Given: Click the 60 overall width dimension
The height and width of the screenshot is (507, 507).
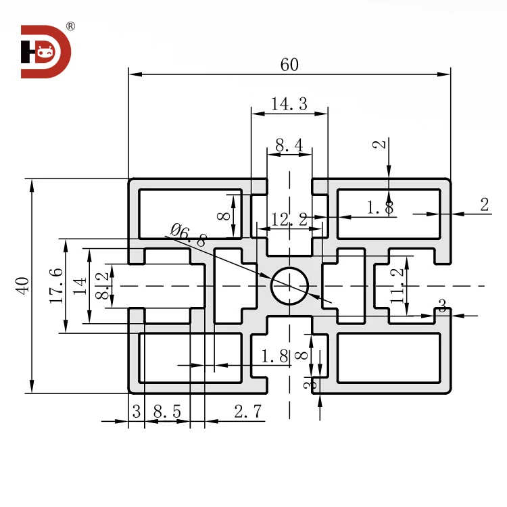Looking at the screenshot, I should pyautogui.click(x=289, y=65).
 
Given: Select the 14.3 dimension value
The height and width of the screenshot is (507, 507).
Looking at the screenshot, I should pyautogui.click(x=289, y=104).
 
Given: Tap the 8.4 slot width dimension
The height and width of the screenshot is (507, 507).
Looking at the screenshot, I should pyautogui.click(x=289, y=144).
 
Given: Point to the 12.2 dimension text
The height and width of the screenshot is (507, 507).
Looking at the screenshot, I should pyautogui.click(x=289, y=218).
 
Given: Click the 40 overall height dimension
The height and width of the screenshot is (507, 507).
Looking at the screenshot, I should pyautogui.click(x=22, y=285).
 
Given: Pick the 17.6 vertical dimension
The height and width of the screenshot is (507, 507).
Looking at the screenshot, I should pyautogui.click(x=57, y=285).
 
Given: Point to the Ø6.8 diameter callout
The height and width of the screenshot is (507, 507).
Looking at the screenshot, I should pyautogui.click(x=188, y=234).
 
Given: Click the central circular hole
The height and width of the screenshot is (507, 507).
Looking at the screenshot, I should pyautogui.click(x=289, y=285).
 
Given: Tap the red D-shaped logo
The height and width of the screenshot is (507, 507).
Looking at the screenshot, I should pyautogui.click(x=45, y=51).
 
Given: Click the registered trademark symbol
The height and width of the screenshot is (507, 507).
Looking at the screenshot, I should pyautogui.click(x=70, y=27).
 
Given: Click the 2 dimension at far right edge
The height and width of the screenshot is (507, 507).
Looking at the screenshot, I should pyautogui.click(x=484, y=206).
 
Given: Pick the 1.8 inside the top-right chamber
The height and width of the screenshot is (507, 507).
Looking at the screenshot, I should pyautogui.click(x=380, y=208).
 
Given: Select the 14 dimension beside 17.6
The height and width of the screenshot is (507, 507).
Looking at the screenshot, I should pyautogui.click(x=80, y=285).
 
